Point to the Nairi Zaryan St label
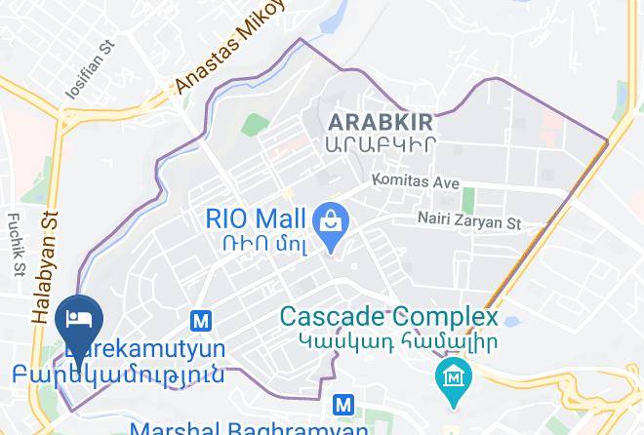(x=468, y=223)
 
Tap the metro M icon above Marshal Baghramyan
(x=342, y=404)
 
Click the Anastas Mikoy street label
(x=230, y=49)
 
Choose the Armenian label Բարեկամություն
(x=119, y=374)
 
